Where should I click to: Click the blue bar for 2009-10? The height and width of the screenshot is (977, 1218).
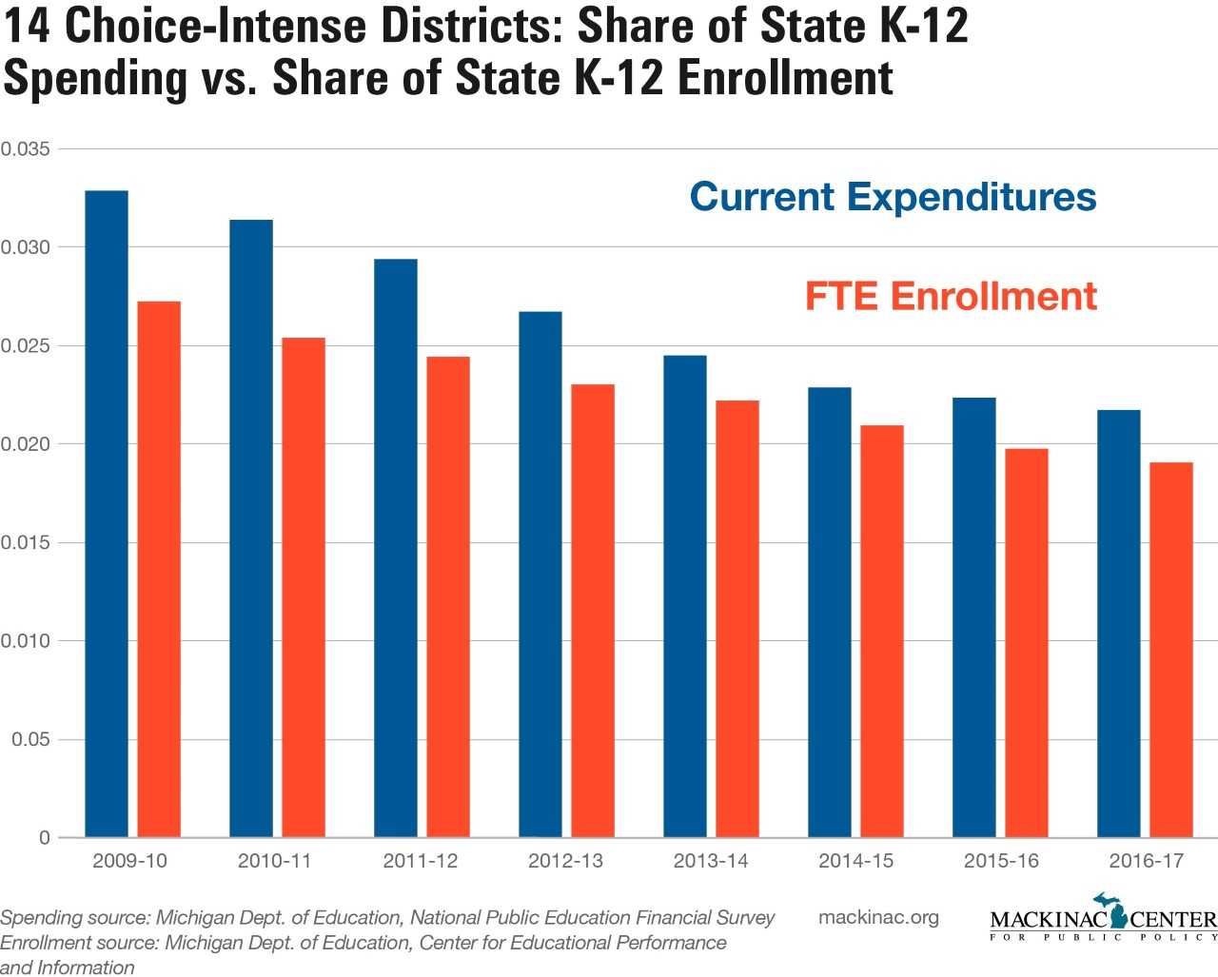[x=107, y=514]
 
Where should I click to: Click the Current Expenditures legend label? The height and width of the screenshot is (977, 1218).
[x=893, y=197]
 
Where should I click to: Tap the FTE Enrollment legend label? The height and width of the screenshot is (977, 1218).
[x=951, y=296]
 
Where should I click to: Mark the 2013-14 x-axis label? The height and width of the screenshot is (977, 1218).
[x=711, y=861]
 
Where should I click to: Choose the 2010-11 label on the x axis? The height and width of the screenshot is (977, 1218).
[x=275, y=861]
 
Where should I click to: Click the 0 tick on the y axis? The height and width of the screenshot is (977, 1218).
[x=45, y=838]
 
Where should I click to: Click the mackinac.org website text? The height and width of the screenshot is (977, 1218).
[x=878, y=917]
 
